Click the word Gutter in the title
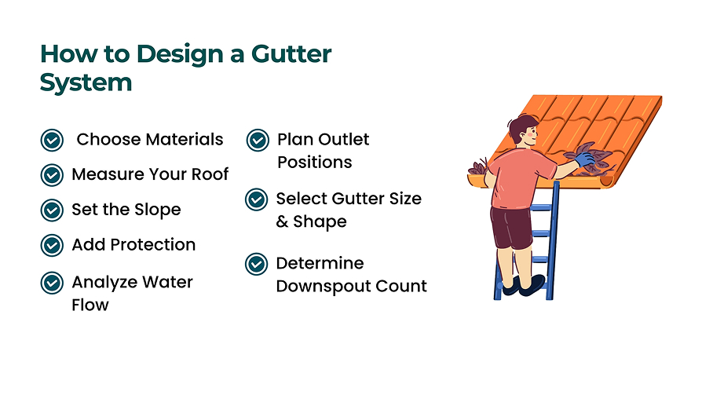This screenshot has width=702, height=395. tap(291, 53)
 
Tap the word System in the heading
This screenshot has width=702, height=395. tap(86, 83)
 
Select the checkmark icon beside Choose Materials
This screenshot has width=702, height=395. tap(52, 141)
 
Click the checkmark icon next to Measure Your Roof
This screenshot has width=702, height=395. tap(52, 175)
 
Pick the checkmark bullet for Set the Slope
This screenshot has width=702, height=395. tap(52, 210)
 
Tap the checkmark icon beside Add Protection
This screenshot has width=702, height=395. tap(52, 246)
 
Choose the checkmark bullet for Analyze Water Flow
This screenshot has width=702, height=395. tap(52, 283)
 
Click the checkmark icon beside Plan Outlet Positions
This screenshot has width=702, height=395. tap(258, 141)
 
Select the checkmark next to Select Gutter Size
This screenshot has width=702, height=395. tap(257, 199)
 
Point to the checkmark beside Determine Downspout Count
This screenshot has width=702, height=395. tap(257, 264)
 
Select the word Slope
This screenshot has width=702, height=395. tap(158, 210)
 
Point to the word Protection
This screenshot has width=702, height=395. tap(153, 245)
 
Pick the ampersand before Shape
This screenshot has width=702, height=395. tap(282, 221)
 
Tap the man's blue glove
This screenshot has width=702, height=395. tap(585, 159)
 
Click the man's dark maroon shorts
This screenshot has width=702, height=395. tap(511, 228)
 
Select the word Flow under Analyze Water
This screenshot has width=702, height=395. tap(90, 305)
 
